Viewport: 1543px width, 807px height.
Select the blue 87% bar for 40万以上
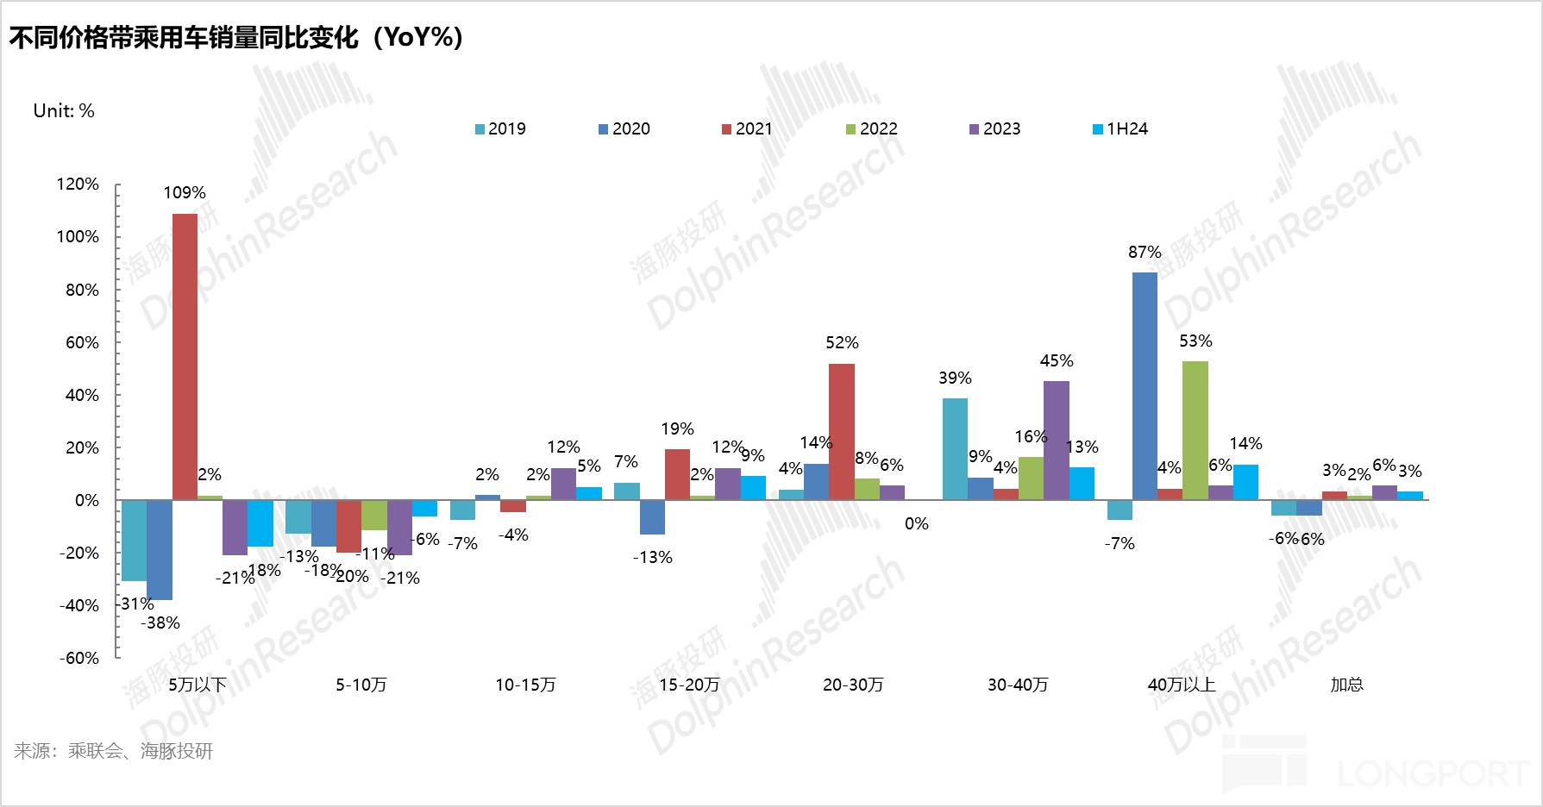1145,385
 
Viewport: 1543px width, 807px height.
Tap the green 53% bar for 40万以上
1195,430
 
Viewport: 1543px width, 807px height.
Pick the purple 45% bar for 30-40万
1056,441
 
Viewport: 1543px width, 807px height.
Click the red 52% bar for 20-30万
841,431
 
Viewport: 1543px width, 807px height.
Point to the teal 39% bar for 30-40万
955,448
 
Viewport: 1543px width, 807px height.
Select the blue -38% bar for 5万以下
160,549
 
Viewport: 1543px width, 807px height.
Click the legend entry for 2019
499,129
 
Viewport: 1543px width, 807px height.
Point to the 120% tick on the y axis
78,185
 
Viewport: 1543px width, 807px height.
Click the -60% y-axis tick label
78,659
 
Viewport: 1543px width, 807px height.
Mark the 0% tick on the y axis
86,501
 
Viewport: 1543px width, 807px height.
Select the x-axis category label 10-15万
525,685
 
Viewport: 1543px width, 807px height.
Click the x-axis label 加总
1346,685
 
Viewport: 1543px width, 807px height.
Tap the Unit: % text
64,111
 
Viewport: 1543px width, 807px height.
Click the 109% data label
185,193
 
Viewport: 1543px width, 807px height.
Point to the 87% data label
1145,253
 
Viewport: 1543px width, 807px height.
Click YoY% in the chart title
419,38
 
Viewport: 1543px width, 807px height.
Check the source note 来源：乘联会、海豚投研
113,751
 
